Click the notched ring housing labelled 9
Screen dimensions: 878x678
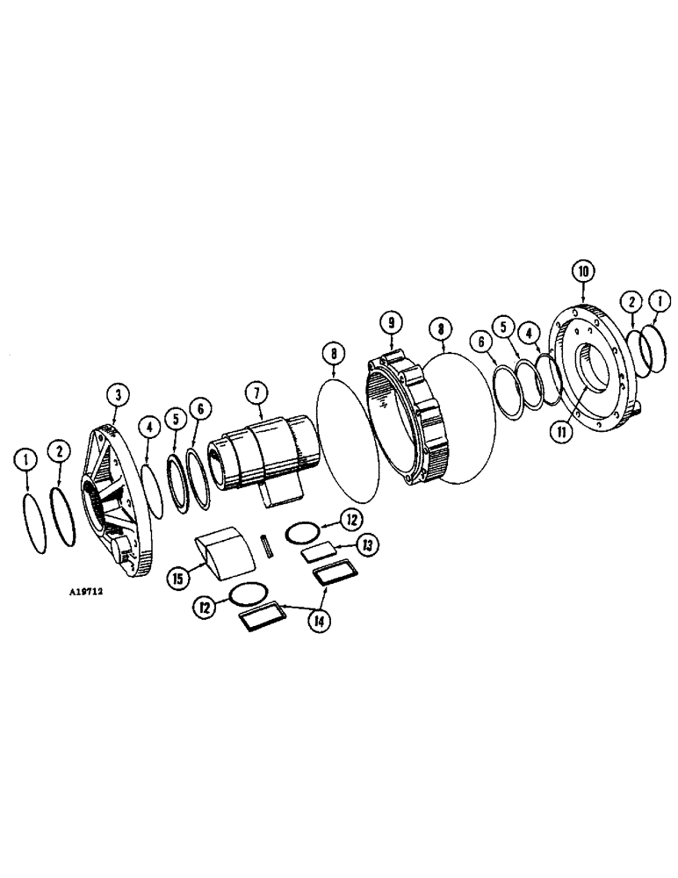point(409,421)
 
